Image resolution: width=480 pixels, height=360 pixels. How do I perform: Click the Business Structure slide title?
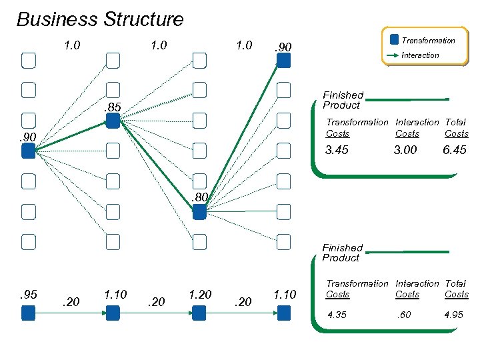point(100,19)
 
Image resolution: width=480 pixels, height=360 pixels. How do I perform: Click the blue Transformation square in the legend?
point(394,40)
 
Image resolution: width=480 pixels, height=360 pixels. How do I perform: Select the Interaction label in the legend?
point(420,55)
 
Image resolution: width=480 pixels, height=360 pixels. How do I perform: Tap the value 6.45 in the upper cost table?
point(455,150)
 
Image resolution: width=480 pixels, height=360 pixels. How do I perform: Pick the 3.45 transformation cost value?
point(337,150)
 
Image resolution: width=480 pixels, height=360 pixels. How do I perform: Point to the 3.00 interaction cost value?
point(405,150)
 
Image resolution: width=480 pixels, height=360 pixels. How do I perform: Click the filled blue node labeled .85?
point(113,121)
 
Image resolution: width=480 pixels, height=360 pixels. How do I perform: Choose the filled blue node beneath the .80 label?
point(199,212)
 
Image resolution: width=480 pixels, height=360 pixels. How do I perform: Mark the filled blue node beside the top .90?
point(284,61)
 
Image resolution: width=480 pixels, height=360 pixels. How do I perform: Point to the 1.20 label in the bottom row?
point(200,293)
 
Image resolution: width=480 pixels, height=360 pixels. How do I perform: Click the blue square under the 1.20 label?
point(199,313)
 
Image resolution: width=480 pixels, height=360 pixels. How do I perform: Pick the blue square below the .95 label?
point(27,313)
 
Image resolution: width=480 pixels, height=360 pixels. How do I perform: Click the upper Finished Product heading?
point(343,100)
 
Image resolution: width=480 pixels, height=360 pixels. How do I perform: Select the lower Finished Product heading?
point(342,253)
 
